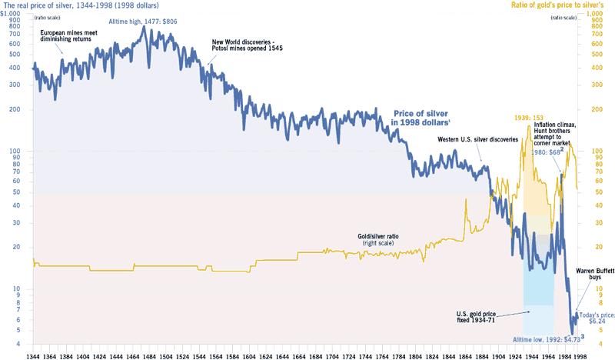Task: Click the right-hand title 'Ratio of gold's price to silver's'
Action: point(559,5)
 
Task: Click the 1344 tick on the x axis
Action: point(34,353)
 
